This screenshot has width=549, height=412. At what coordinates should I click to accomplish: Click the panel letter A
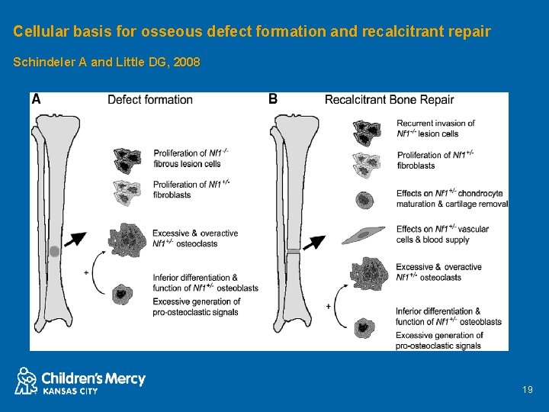36,99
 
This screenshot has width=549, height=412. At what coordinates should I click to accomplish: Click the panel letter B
273,99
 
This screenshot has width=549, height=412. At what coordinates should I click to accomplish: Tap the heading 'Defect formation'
149,99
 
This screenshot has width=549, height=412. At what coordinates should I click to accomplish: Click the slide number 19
528,390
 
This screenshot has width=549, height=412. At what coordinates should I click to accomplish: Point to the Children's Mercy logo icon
26,380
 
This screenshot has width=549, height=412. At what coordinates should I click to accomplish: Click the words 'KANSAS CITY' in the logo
69,391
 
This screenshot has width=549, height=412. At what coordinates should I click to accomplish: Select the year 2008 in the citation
187,63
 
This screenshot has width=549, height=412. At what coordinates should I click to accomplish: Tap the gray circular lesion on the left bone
54,251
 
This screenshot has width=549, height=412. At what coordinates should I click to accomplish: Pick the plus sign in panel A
86,272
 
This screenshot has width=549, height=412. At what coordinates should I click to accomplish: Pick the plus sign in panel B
328,306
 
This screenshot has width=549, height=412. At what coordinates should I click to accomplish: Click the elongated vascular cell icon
363,234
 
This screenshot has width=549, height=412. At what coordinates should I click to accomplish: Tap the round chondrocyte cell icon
364,201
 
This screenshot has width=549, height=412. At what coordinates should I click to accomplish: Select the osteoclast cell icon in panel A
124,238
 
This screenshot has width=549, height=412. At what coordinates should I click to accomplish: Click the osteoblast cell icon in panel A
121,293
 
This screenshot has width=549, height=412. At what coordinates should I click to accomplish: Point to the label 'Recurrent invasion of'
435,123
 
